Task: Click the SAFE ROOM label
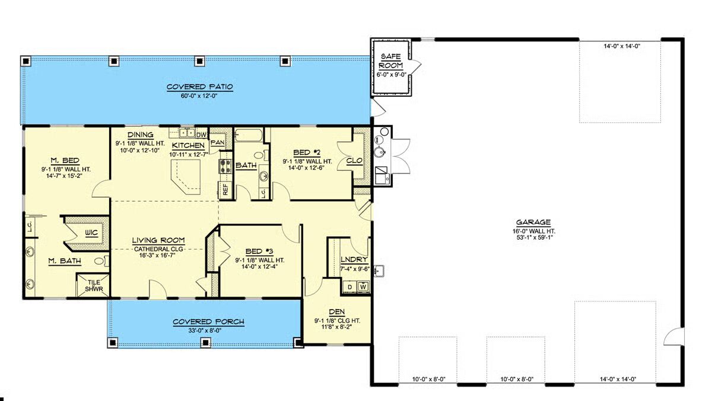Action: tap(390, 61)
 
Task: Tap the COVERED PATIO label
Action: tap(199, 87)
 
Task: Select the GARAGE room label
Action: tap(533, 222)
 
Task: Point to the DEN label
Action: tap(337, 311)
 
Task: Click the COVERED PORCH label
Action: tap(208, 322)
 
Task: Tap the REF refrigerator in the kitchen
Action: tap(225, 190)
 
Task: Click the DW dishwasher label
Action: tap(201, 135)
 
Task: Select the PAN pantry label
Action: tap(217, 142)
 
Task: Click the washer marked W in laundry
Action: tap(363, 287)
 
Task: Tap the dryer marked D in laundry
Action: tap(350, 287)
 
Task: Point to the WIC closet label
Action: tap(91, 233)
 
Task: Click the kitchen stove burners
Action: tap(225, 166)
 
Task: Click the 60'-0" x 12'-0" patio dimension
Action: tap(199, 96)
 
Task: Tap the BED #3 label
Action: tap(259, 252)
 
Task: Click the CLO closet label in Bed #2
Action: tap(354, 161)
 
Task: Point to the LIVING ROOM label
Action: tap(158, 240)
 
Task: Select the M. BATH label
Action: tap(65, 261)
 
